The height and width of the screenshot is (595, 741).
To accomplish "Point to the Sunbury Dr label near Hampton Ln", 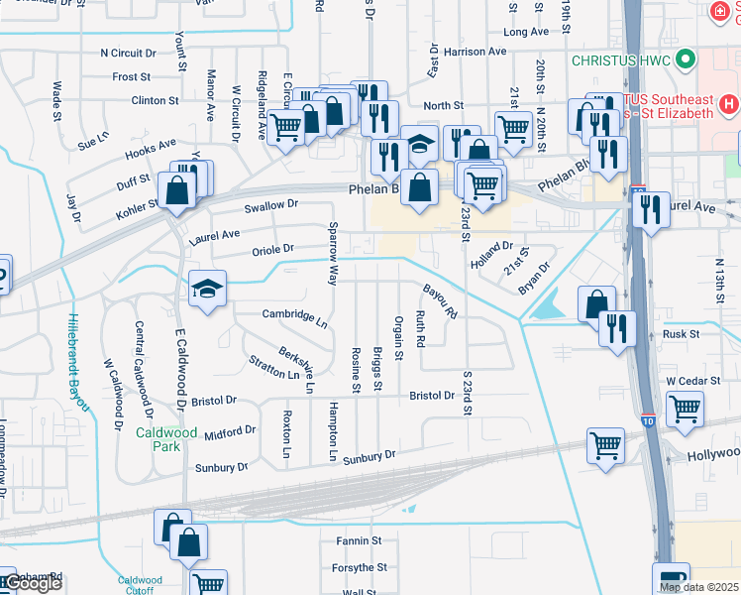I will click(x=370, y=457).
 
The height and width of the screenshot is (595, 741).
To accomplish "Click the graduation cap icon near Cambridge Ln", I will click(x=207, y=290).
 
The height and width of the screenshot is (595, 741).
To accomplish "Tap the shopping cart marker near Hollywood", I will click(x=606, y=445).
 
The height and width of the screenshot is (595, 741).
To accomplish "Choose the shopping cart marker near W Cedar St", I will click(x=685, y=409).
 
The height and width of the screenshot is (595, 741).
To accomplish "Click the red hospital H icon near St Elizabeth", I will click(x=729, y=103).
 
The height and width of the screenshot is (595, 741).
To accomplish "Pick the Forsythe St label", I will click(x=359, y=568).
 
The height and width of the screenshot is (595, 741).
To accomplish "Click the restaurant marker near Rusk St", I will click(x=619, y=329).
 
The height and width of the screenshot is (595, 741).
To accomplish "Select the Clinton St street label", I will click(x=155, y=100).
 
